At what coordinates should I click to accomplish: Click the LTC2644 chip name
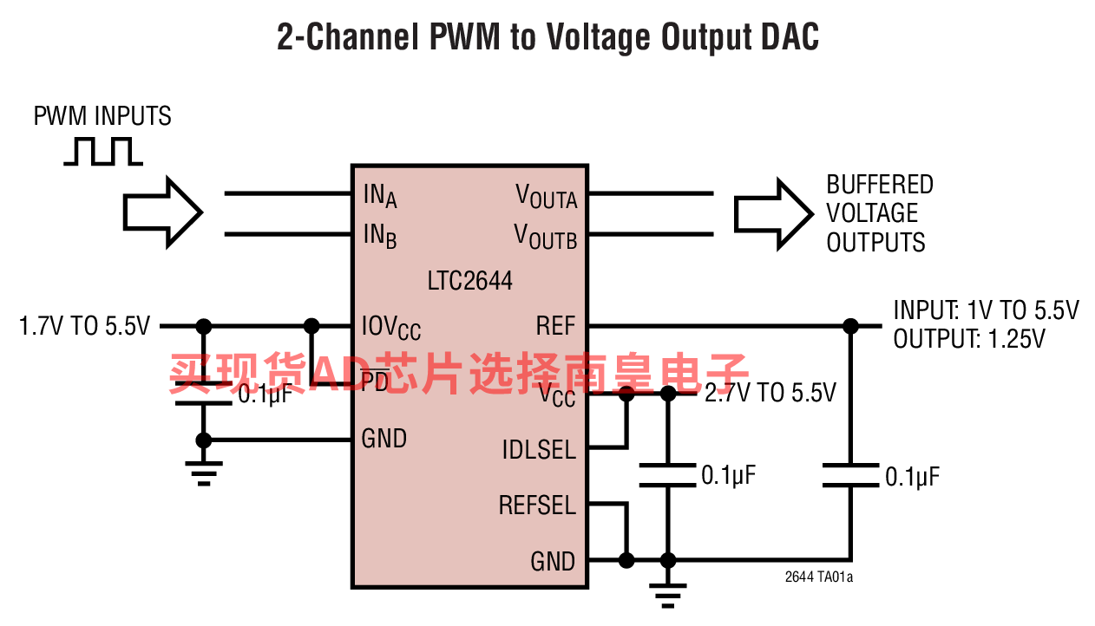coord(469,281)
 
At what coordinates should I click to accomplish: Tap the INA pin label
coord(380,196)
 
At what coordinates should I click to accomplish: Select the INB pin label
coord(380,236)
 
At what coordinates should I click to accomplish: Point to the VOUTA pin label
coord(547,196)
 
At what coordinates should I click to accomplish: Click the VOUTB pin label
coord(546,237)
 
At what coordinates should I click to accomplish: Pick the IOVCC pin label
coord(391,327)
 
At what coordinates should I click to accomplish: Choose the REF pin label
coord(556,326)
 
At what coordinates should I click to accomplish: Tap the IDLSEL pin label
coord(539,450)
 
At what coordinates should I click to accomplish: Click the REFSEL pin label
coord(537,505)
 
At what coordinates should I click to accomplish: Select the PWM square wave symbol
coord(103,152)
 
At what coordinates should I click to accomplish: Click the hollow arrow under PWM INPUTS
coord(163,212)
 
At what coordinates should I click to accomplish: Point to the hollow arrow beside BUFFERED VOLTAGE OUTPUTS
coord(774,214)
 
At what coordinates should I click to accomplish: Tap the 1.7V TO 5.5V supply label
coord(84,326)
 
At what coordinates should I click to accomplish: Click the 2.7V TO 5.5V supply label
coord(770,393)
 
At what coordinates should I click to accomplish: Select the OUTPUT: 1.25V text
coord(969,339)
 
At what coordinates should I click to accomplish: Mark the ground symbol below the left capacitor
coord(204,473)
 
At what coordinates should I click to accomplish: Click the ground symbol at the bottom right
coord(668,596)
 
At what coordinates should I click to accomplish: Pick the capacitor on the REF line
coord(850,475)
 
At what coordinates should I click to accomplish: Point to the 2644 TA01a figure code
coord(819,577)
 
